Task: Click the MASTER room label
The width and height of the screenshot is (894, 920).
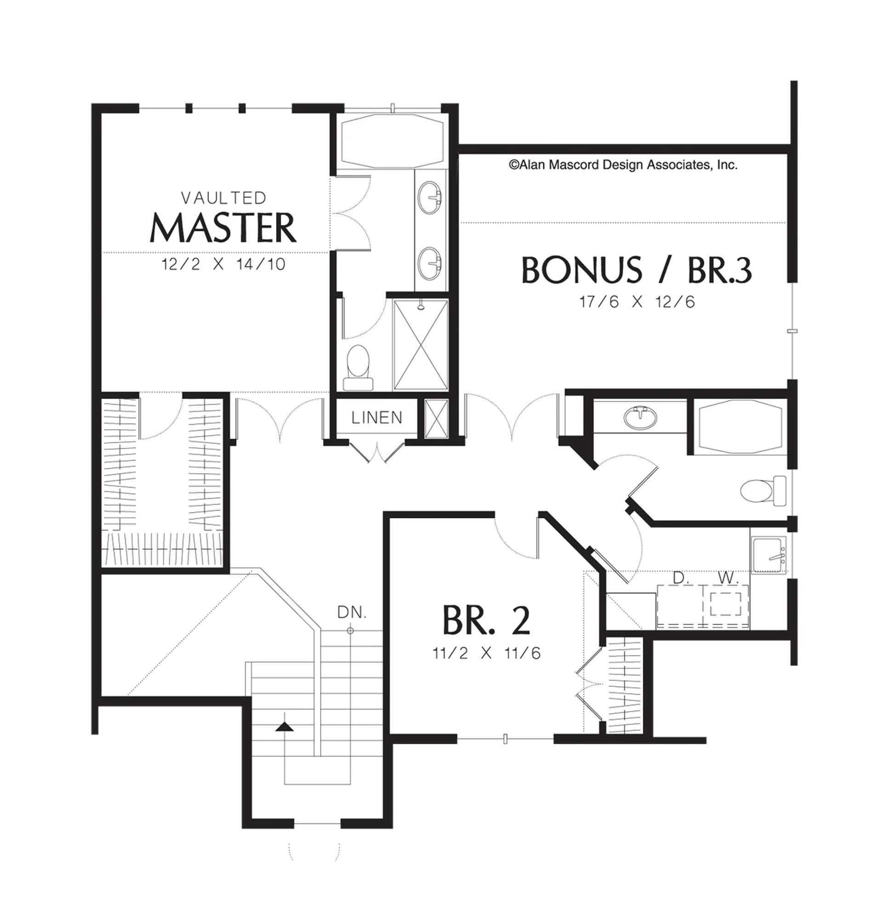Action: pyautogui.click(x=223, y=228)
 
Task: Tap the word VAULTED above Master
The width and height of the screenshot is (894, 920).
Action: pyautogui.click(x=223, y=198)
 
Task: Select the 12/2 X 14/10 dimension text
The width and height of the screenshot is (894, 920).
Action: pyautogui.click(x=223, y=264)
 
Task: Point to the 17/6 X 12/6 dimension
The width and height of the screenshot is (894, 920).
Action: pyautogui.click(x=637, y=302)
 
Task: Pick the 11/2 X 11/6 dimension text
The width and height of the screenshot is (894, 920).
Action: pyautogui.click(x=487, y=653)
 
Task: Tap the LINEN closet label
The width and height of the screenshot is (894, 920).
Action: pyautogui.click(x=377, y=417)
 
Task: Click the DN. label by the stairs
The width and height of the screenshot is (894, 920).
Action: pyautogui.click(x=352, y=613)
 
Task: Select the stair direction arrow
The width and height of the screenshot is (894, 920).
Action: pyautogui.click(x=284, y=727)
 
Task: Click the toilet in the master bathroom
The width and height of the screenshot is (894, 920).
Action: pyautogui.click(x=358, y=368)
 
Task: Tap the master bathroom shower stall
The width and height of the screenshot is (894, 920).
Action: pyautogui.click(x=421, y=345)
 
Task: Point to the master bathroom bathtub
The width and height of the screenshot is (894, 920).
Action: pyautogui.click(x=392, y=140)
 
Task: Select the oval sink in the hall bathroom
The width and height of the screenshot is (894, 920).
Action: pyautogui.click(x=640, y=417)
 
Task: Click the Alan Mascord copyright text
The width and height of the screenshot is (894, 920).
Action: pyautogui.click(x=623, y=165)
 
